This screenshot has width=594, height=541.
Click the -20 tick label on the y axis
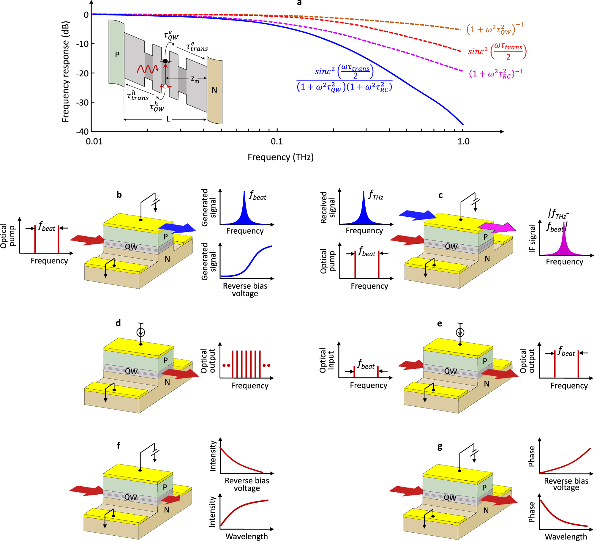pos(82,73)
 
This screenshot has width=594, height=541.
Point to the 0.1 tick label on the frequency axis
pos(277,141)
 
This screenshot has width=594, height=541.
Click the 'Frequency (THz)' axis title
pos(281,157)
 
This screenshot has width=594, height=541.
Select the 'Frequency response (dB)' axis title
pos(65,72)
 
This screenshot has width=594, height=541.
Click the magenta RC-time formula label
pos(496,73)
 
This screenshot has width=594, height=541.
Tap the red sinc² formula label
pos(497,51)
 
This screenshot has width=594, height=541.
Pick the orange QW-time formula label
pos(495,29)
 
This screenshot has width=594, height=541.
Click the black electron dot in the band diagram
pos(165,61)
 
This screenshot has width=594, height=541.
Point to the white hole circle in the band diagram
pos(165,86)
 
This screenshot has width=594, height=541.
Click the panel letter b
pos(119,195)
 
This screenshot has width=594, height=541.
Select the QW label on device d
pos(131,371)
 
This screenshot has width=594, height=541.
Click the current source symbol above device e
pos(460,332)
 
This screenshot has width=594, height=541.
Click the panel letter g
pos(440,447)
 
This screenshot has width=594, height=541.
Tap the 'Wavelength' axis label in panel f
pos(247,536)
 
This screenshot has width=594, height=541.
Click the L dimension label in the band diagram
pos(168,119)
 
